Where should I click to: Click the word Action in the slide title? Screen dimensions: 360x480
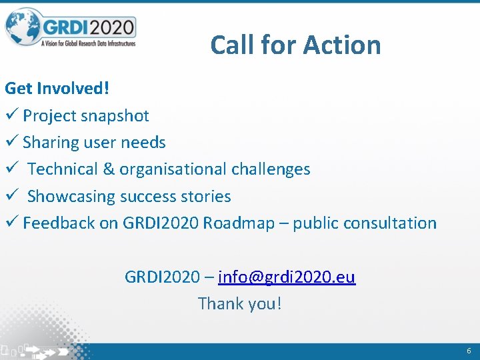pos(341,45)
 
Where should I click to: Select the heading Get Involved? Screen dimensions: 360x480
pos(57,88)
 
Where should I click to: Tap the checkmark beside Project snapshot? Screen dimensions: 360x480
pos(11,115)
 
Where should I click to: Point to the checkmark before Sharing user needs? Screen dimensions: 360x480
pos(11,142)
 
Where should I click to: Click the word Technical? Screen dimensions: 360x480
pos(63,169)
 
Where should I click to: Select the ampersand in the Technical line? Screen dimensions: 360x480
pos(109,169)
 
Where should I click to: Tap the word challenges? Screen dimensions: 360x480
pos(271,169)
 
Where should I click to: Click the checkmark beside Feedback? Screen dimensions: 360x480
pos(11,223)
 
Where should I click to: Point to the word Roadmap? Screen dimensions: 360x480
pos(239,223)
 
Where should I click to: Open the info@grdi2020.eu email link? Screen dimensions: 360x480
pos(287,277)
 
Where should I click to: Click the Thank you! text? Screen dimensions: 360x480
pos(240,304)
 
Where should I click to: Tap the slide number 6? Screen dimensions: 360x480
pos(469,351)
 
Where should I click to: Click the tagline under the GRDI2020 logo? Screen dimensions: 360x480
pos(88,43)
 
